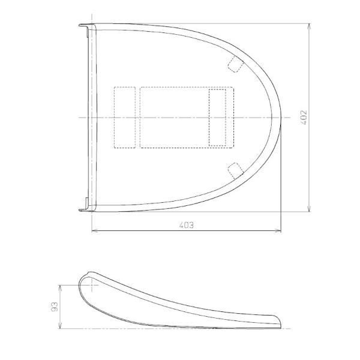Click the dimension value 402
[x=304, y=118]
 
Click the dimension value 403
[x=186, y=225]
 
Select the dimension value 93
[x=55, y=307]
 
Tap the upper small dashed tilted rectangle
[x=236, y=64]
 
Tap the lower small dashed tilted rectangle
[x=236, y=171]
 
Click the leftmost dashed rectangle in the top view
[x=125, y=118]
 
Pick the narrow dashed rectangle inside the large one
[x=217, y=118]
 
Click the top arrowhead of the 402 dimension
[x=309, y=26]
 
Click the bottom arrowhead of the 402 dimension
[x=309, y=209]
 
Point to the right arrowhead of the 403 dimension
[x=278, y=232]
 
